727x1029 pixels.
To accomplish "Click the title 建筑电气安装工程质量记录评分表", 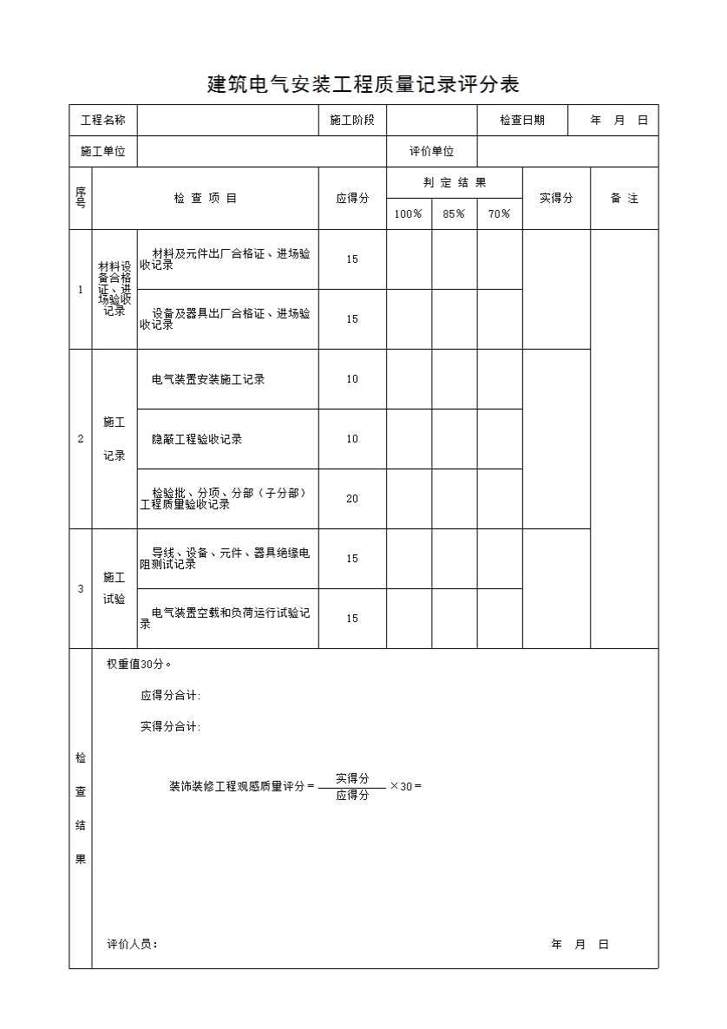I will click(x=363, y=84).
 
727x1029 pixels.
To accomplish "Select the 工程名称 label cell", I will click(x=103, y=121).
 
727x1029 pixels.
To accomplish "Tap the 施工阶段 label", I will click(x=352, y=121).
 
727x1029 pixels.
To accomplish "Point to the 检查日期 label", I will click(x=522, y=121).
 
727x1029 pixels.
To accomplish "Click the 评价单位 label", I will click(x=432, y=152).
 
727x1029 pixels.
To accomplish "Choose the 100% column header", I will click(x=409, y=214).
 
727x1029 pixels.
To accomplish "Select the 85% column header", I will click(x=454, y=214).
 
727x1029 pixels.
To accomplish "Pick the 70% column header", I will click(x=500, y=214).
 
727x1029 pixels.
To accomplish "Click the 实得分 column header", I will click(x=556, y=199).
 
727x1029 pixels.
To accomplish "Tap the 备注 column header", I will click(x=625, y=199).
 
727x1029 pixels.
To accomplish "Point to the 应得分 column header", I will click(x=352, y=199).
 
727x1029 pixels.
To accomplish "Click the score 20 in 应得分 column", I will click(x=352, y=499).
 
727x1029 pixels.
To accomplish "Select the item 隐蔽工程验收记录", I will click(x=197, y=439).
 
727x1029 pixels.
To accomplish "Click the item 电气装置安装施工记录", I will click(x=208, y=379).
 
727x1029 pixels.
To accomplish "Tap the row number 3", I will click(x=81, y=589).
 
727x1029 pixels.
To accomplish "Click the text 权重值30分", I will click(x=139, y=665).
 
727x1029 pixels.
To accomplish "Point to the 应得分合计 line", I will click(x=171, y=696).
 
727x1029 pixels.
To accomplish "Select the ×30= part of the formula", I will click(x=405, y=787).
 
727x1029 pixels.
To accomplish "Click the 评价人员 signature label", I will click(x=132, y=945).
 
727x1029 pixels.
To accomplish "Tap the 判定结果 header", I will click(x=455, y=183).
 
